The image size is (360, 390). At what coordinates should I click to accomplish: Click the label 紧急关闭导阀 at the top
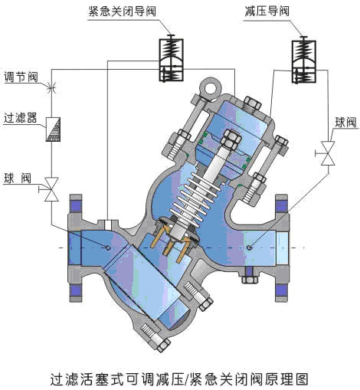[x=122, y=11]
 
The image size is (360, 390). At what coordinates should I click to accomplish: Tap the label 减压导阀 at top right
[x=267, y=11]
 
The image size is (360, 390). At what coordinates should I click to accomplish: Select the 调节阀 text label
[x=21, y=77]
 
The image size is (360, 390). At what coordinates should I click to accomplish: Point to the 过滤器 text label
[x=21, y=118]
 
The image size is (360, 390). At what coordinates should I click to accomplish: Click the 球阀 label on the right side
[x=345, y=123]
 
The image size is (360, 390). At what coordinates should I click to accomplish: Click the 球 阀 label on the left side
[x=18, y=179]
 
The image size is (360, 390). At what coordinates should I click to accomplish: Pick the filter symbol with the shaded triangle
[x=53, y=129]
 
